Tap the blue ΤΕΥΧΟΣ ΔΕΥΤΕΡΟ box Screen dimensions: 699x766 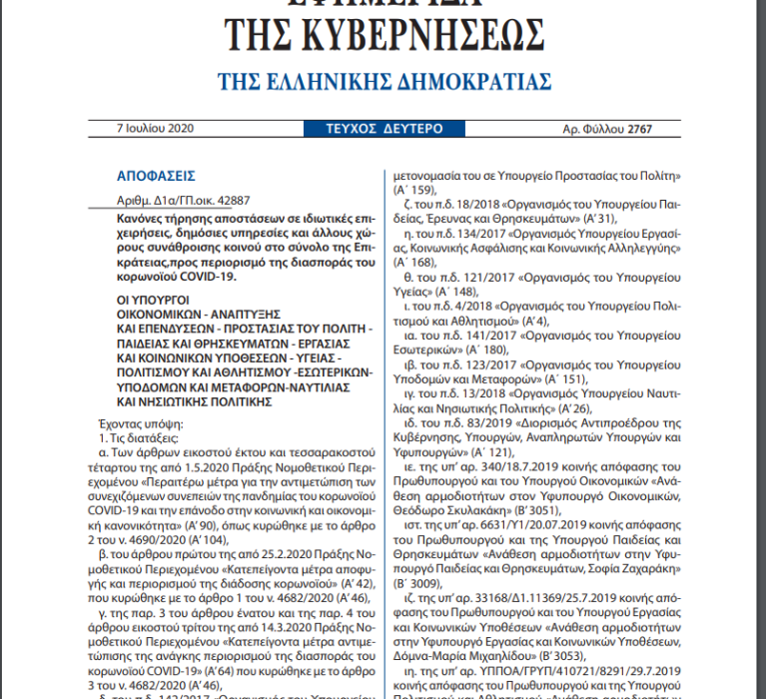(383, 129)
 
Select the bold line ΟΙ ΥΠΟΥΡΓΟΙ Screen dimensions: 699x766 (151, 299)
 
